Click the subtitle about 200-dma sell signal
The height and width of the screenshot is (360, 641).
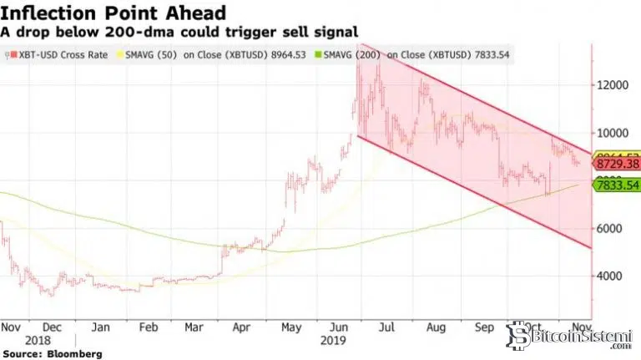pos(179,31)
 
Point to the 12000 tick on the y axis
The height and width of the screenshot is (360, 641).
pos(614,85)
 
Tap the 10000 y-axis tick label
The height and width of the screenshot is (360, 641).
pos(614,133)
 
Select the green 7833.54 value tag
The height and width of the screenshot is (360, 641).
pos(615,185)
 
